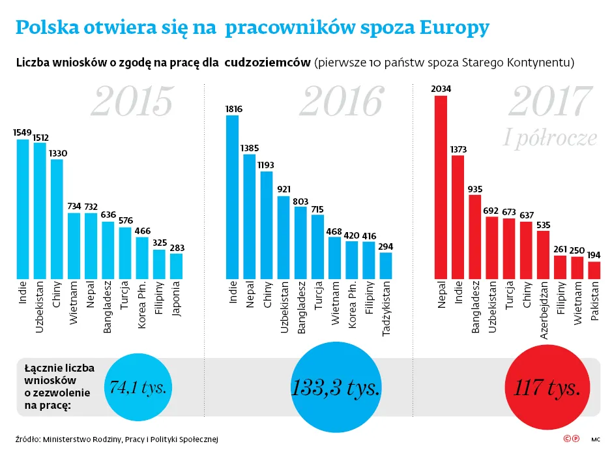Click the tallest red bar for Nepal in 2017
(x=441, y=186)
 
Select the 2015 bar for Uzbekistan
(x=40, y=210)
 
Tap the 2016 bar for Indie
(x=232, y=196)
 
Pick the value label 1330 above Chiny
(x=57, y=153)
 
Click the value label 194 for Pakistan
(x=594, y=255)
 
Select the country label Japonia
(x=176, y=299)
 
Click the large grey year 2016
(x=342, y=102)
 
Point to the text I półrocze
(x=551, y=137)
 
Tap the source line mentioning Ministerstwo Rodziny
(x=116, y=439)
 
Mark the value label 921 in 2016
(x=284, y=189)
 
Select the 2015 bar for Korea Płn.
(x=141, y=257)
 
